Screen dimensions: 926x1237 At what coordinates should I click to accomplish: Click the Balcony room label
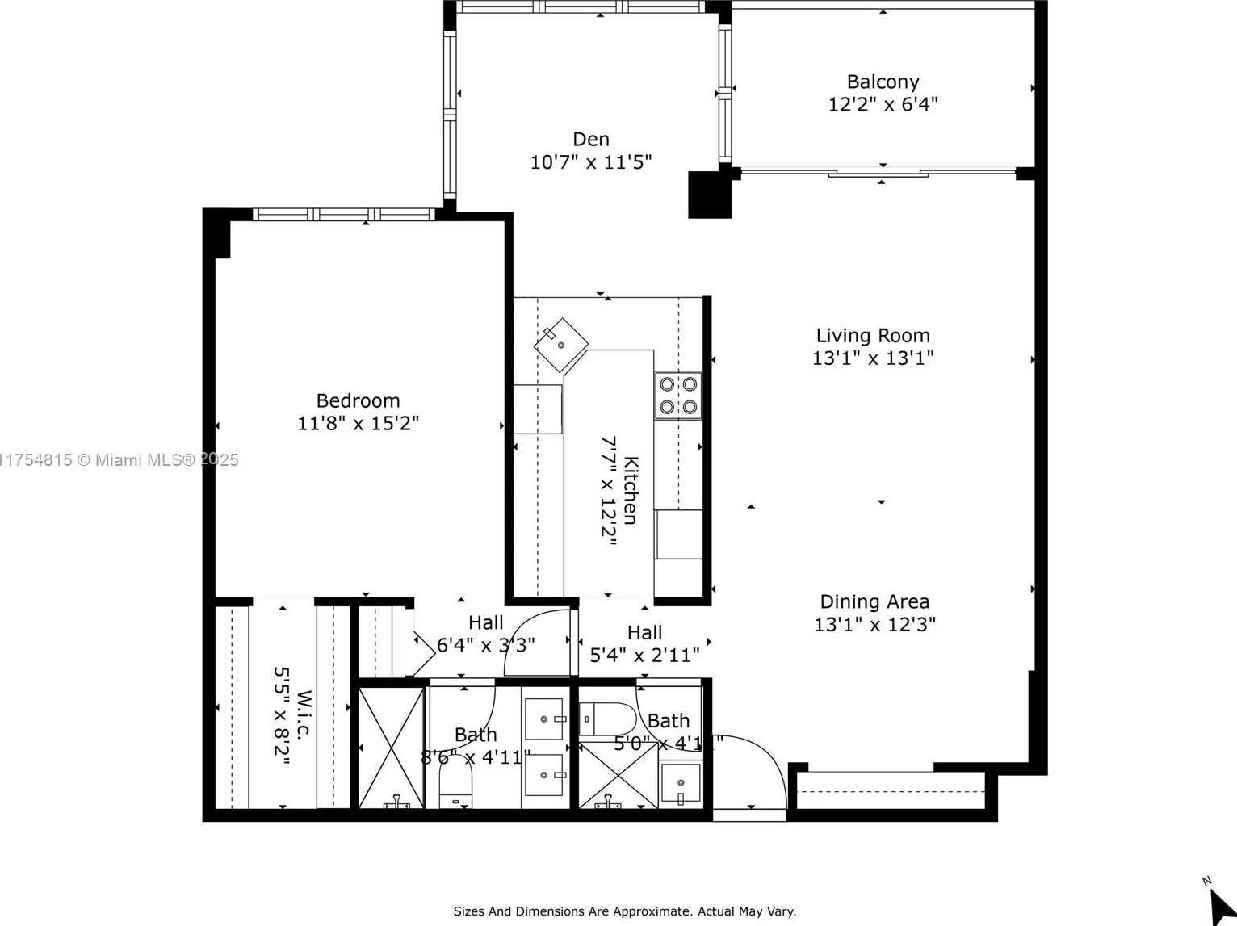883,82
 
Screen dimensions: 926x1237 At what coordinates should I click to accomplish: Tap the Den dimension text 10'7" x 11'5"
590,162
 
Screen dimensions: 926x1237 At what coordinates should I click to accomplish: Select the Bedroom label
358,400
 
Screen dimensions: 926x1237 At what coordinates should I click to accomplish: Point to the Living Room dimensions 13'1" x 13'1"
873,358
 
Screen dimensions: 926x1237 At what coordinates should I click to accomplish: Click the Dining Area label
874,601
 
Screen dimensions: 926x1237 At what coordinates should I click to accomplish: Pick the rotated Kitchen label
631,490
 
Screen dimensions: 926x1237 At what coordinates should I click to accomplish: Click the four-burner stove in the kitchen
678,396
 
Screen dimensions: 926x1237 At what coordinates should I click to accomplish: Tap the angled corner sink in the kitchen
561,344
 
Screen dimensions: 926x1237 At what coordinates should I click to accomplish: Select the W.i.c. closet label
304,714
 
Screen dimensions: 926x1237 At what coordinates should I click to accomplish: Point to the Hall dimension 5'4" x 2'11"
644,655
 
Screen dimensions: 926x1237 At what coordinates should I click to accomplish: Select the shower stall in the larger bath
391,748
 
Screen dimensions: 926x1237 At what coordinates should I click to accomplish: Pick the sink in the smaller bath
681,784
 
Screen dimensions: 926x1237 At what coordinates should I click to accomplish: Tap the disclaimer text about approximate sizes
624,911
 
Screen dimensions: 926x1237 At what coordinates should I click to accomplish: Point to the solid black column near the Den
709,195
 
